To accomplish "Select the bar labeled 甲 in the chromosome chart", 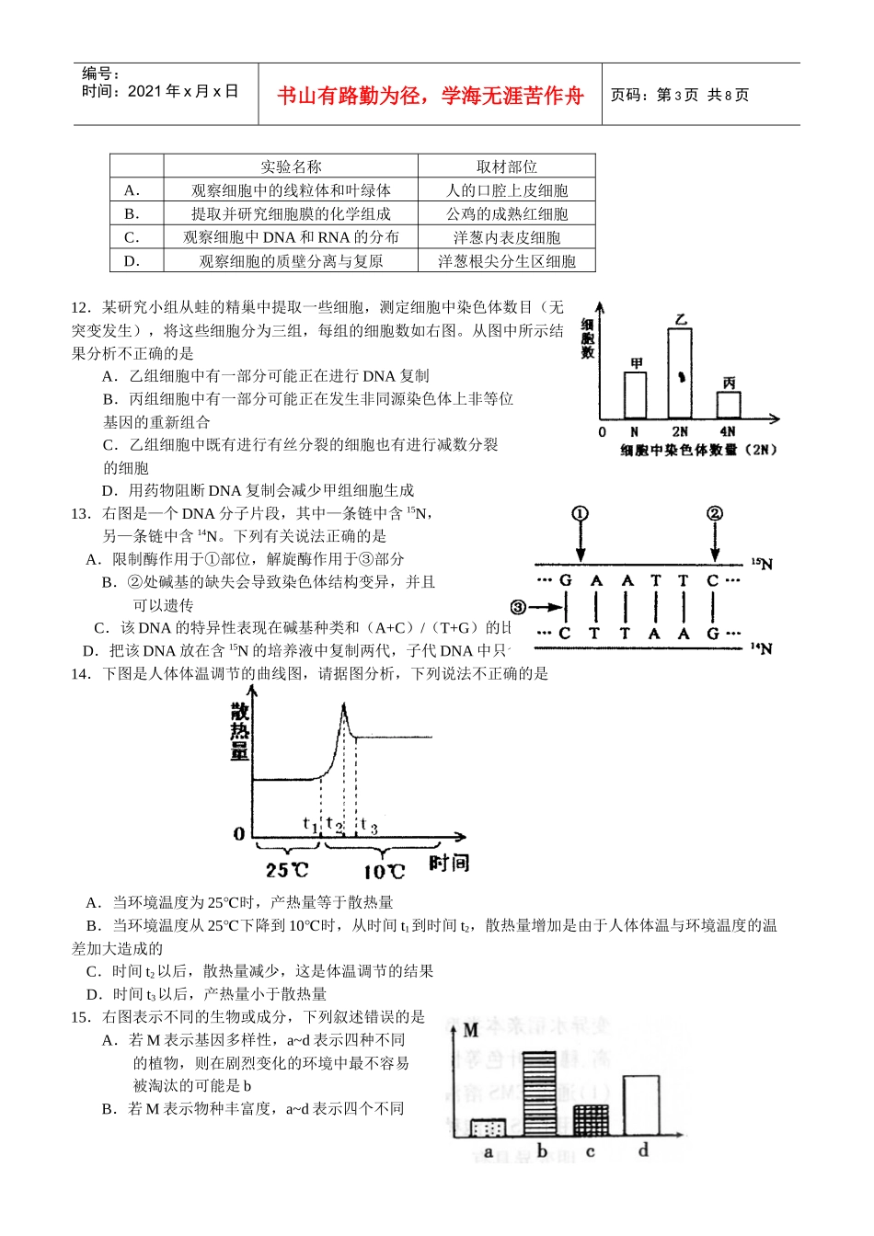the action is (x=635, y=395).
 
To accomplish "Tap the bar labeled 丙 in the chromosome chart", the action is (x=729, y=405).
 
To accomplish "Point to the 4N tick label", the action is (x=728, y=431).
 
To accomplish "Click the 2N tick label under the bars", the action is (x=680, y=431).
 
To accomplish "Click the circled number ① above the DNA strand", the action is (x=580, y=514).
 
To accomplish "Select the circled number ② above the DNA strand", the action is (x=715, y=514).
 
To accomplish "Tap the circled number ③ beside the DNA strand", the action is (x=519, y=607).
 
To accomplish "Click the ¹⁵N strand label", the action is (x=762, y=564).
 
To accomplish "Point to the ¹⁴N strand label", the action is (x=761, y=648).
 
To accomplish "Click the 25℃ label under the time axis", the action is (x=287, y=870).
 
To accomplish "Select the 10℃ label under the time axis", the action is (x=384, y=871).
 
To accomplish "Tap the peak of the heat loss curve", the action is (x=343, y=705).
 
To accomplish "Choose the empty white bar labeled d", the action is (x=641, y=1105).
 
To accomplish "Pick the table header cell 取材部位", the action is (x=507, y=166).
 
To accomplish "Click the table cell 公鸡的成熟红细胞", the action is (x=507, y=214).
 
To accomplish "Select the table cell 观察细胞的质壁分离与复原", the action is (x=291, y=261).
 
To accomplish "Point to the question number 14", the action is (x=80, y=674).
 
